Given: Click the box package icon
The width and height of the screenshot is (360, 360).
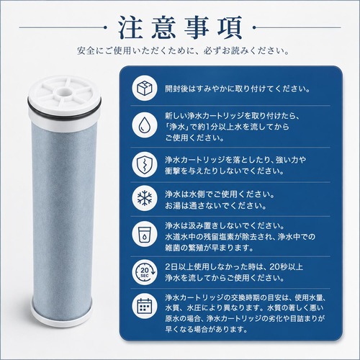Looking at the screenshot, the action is (145, 88).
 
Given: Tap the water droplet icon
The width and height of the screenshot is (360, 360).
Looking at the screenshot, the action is (145, 125).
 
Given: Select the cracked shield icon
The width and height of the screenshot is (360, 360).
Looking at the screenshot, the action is (145, 164).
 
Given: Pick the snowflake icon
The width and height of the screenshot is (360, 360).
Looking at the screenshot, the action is (145, 198).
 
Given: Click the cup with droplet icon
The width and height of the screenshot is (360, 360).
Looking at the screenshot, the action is (145, 234).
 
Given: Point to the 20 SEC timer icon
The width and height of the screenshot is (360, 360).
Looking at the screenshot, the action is (145, 272).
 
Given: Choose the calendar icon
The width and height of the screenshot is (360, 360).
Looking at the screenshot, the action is (145, 306).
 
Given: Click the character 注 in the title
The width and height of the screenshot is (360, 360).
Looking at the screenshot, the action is (130, 28).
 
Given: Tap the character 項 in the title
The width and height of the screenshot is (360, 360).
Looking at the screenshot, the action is (230, 28).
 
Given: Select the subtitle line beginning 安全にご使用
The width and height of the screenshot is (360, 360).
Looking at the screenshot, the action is (183, 51).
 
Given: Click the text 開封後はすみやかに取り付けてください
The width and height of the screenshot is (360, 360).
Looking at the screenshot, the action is (238, 89).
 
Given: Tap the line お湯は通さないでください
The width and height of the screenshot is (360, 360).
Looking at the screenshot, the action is (215, 206).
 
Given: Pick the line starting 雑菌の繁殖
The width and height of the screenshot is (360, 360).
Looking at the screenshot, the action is (209, 248).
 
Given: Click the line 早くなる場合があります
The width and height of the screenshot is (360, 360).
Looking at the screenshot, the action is (206, 329).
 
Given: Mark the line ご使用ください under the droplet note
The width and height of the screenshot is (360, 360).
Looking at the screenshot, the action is (194, 138).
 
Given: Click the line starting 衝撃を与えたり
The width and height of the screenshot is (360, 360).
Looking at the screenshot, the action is (224, 171).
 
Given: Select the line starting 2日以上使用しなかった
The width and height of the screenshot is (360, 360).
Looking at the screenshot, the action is (234, 266).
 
